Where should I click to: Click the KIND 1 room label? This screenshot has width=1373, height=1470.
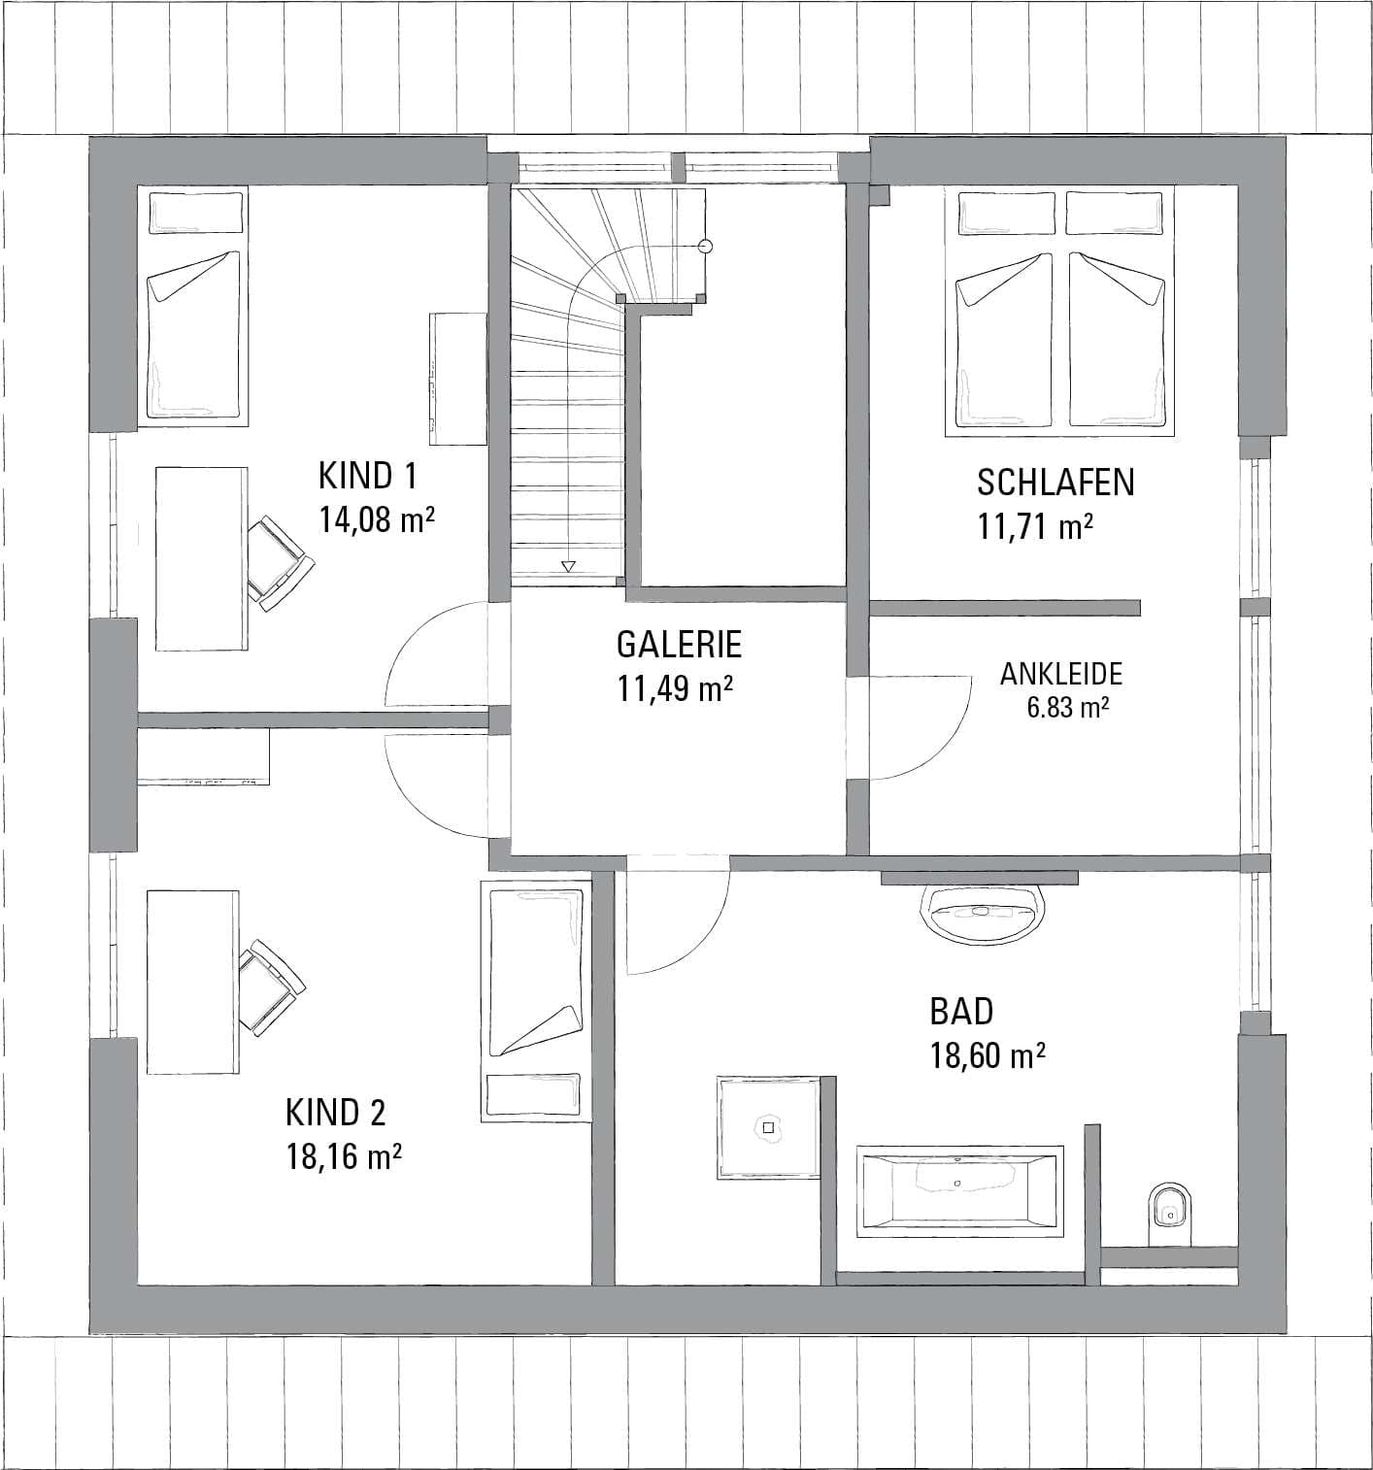(368, 475)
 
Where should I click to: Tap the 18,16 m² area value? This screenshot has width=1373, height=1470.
(344, 1157)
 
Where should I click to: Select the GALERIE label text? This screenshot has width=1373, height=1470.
(679, 644)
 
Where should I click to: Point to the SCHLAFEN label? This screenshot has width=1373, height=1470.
(1055, 483)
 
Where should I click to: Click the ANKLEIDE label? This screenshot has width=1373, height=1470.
(1061, 674)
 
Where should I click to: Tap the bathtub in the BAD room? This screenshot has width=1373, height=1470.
(959, 1191)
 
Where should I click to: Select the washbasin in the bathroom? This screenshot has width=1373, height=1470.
(982, 915)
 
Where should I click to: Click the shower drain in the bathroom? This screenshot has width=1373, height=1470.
(768, 1128)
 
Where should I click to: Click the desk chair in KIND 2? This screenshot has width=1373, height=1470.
(272, 987)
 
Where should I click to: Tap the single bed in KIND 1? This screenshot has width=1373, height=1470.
(194, 306)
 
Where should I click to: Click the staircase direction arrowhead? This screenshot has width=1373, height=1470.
(568, 567)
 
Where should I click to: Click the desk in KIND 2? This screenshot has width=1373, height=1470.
(192, 982)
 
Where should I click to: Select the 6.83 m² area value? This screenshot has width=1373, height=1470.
(1067, 708)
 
